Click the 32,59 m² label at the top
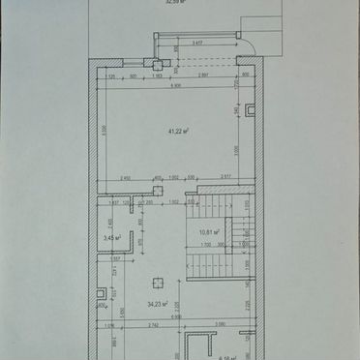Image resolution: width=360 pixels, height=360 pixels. (174, 3)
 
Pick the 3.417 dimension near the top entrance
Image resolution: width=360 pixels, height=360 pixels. (197, 44)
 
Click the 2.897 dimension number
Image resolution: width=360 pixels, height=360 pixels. (203, 75)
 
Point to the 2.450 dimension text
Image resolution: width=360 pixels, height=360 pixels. (126, 177)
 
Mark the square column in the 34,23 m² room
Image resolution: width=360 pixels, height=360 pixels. (157, 282)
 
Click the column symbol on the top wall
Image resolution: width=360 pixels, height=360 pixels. (153, 65)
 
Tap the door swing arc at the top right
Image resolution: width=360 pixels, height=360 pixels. (244, 44)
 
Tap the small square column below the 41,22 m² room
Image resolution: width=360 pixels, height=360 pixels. (158, 190)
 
